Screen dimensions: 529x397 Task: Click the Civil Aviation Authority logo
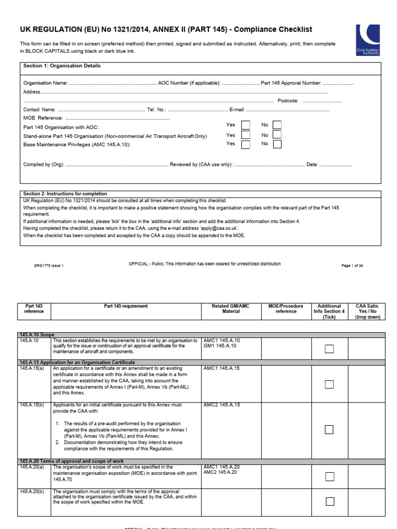tap(368, 40)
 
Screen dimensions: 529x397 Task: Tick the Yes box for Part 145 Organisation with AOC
tap(246, 125)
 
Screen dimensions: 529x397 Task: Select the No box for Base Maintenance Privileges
tap(277, 144)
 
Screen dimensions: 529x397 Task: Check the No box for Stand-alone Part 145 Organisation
tap(277, 135)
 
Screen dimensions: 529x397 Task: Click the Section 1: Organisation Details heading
tap(62, 66)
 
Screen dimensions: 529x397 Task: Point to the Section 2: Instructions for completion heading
tap(65, 194)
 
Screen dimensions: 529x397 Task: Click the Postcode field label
tap(288, 101)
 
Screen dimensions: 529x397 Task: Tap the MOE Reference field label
tap(42, 118)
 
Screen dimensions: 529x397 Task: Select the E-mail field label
tap(237, 110)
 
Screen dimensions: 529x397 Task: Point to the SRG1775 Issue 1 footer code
tap(49, 266)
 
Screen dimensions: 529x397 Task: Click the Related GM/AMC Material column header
tap(231, 309)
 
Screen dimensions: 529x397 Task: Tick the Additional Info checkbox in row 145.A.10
tap(329, 349)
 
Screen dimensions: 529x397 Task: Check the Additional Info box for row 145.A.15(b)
tap(329, 429)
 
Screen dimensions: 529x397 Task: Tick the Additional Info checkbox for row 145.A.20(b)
tap(329, 501)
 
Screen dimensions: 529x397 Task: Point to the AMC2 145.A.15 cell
tap(222, 405)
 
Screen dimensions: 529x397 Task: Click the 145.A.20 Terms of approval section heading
tap(71, 461)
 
